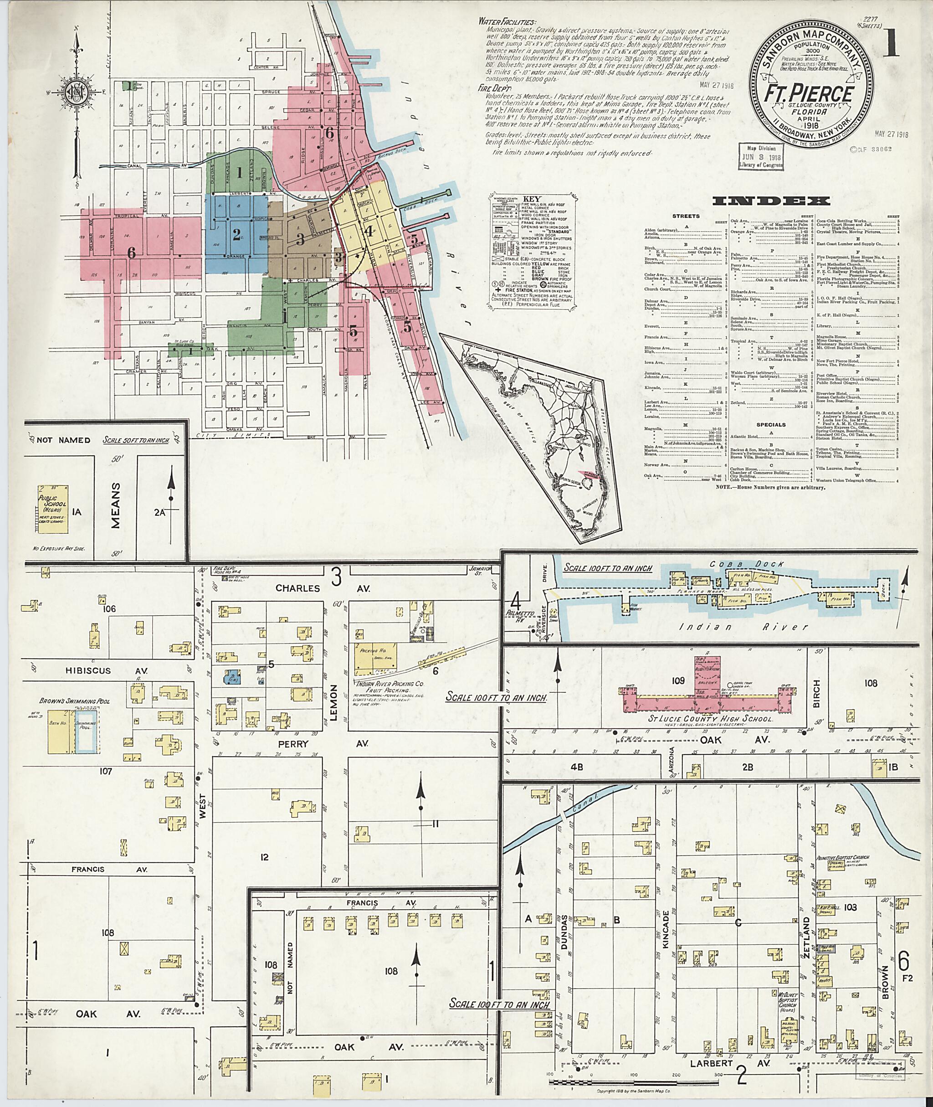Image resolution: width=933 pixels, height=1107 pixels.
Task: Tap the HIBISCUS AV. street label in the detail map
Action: coord(89,670)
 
